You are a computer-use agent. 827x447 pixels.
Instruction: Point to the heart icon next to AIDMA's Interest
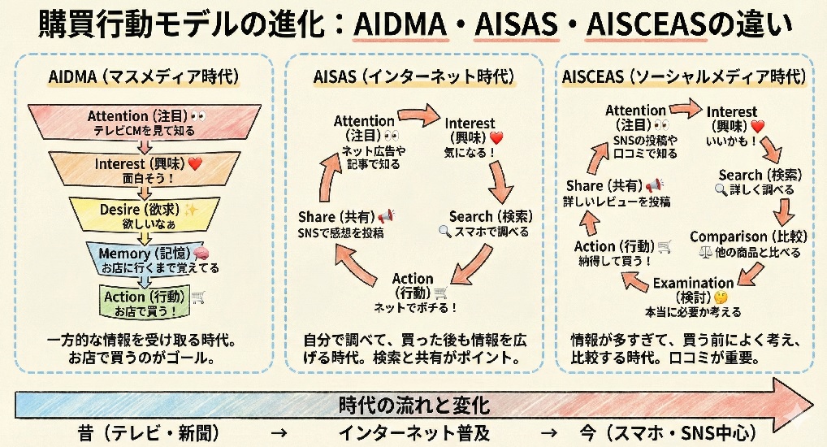pos(195,163)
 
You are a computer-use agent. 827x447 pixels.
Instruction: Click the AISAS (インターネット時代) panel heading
pos(414,77)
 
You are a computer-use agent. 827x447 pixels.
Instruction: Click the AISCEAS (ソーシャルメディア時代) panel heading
pos(684,77)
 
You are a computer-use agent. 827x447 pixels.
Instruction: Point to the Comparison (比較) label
pos(747,237)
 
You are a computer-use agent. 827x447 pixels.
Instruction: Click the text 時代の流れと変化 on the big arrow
pos(414,405)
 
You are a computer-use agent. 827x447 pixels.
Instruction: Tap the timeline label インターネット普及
pos(414,432)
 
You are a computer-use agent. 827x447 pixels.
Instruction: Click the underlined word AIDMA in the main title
pos(402,26)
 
